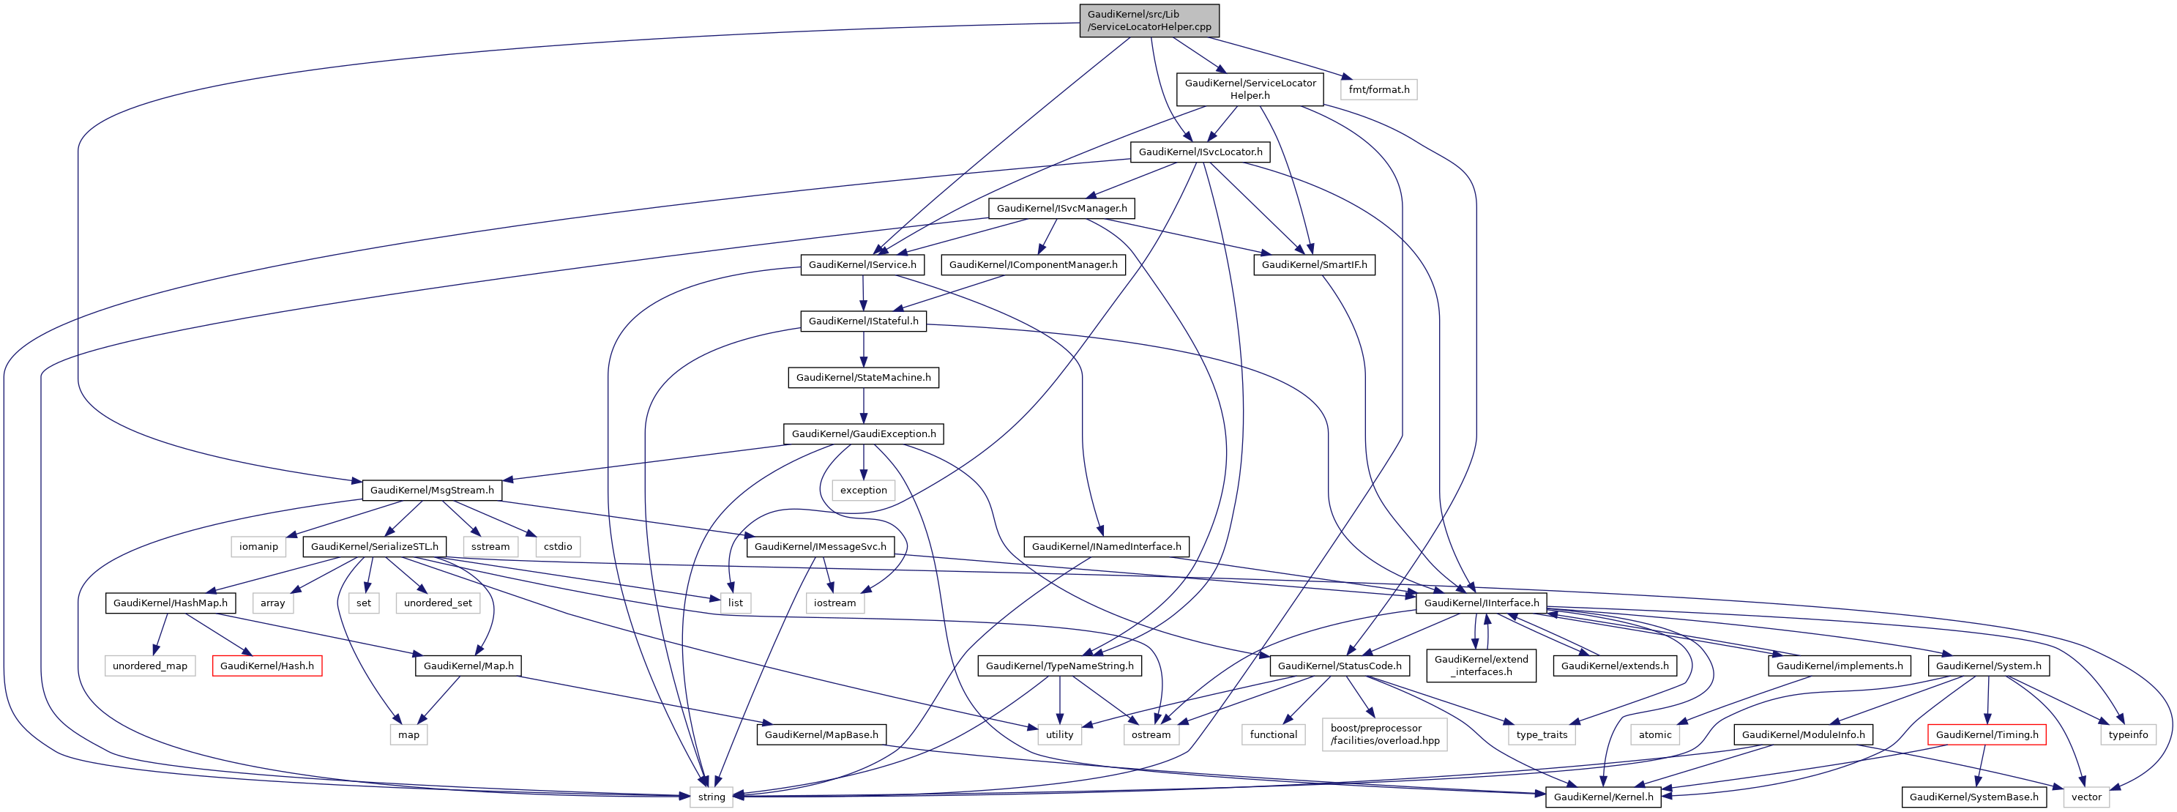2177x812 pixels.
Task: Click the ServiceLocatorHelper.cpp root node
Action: point(1149,21)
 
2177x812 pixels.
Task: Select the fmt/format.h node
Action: point(1378,89)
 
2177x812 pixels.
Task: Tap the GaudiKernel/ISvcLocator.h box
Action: point(1200,152)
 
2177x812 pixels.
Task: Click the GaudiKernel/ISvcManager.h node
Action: point(1061,208)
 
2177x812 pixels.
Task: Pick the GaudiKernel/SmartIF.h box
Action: point(1313,264)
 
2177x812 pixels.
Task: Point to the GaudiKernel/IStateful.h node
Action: point(863,321)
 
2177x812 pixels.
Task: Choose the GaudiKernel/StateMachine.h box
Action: point(863,378)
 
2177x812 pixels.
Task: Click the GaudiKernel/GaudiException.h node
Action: point(863,433)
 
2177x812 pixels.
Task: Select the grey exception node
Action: point(863,490)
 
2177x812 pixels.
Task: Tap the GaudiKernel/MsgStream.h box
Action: point(432,490)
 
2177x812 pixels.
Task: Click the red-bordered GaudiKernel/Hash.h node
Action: point(266,666)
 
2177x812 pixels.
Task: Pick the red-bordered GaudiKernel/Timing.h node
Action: point(1986,734)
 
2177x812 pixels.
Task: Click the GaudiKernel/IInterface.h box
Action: point(1481,603)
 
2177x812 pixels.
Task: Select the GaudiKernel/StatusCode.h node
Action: point(1339,666)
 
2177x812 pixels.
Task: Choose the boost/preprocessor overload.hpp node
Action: point(1384,734)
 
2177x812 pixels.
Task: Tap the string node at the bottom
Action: point(711,797)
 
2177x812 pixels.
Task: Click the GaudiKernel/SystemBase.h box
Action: point(1974,797)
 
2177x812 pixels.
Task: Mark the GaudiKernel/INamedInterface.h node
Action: point(1106,547)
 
